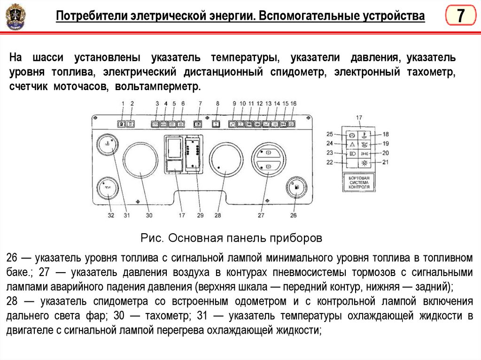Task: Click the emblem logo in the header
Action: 16,17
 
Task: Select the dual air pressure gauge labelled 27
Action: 268,159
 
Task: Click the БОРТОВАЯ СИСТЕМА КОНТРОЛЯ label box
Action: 359,182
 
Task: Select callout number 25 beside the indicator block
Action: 330,134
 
